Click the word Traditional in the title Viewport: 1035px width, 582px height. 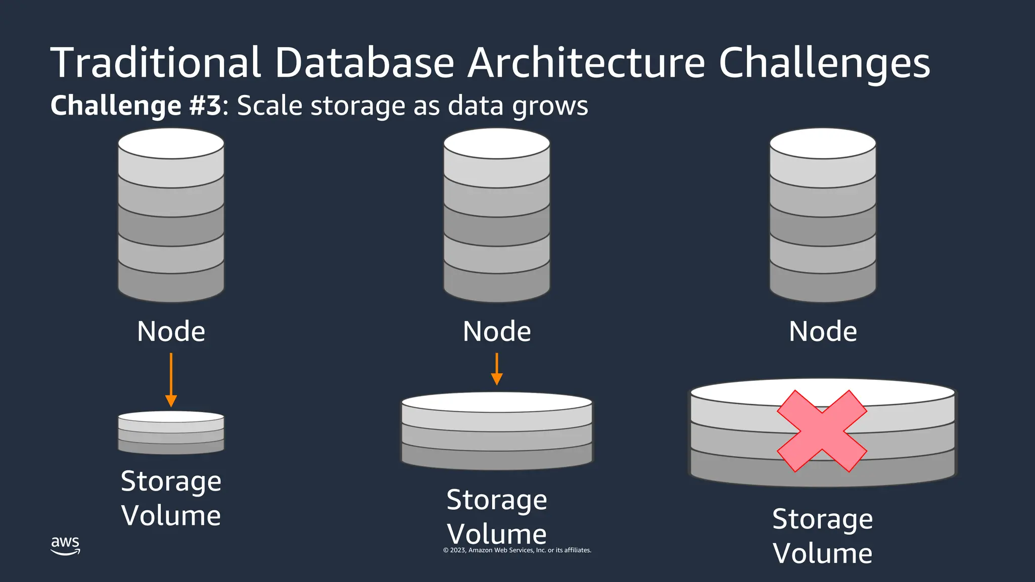[156, 63]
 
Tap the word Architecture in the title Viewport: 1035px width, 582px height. [586, 63]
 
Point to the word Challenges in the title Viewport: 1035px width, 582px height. [824, 64]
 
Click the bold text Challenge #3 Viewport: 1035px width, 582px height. [135, 106]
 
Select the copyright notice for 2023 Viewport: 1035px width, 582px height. [517, 550]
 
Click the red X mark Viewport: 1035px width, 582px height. [822, 431]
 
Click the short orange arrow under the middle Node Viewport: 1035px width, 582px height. [497, 369]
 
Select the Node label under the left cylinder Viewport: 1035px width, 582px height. [171, 331]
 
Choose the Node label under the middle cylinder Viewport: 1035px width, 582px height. [497, 331]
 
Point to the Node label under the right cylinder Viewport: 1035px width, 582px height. [823, 331]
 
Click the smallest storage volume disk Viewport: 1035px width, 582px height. [171, 433]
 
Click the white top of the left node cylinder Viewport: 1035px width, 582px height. [171, 143]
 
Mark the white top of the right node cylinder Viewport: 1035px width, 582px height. [823, 143]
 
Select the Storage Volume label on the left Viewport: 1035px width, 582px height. [171, 498]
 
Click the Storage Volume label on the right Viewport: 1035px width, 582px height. [823, 536]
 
